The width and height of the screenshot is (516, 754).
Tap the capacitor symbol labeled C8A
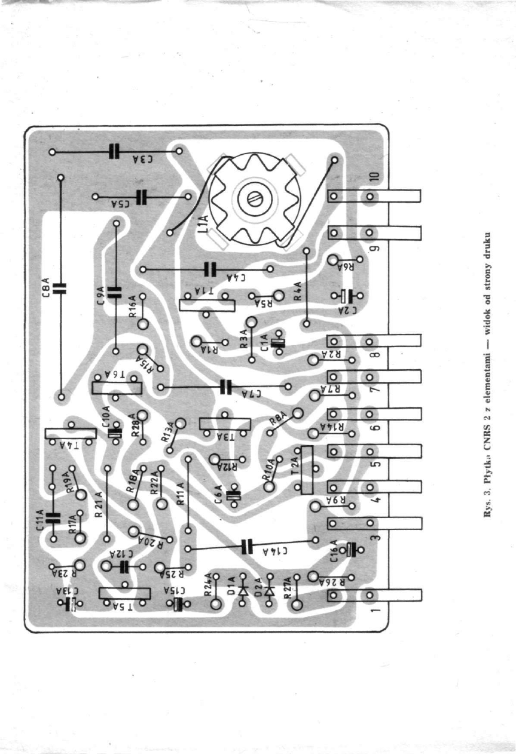(60, 287)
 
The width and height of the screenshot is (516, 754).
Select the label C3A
(143, 160)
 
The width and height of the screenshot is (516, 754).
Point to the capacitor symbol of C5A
(142, 197)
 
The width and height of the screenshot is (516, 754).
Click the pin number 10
(374, 177)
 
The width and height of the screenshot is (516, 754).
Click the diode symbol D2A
(269, 591)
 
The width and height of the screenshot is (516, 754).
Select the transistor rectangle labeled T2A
(307, 470)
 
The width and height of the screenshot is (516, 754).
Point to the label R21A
(99, 503)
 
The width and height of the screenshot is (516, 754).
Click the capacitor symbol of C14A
(246, 545)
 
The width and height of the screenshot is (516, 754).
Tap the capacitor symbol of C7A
(225, 387)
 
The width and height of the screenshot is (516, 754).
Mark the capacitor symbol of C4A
(209, 269)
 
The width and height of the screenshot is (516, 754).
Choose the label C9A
(101, 293)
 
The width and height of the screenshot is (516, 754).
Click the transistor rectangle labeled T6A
(117, 388)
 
